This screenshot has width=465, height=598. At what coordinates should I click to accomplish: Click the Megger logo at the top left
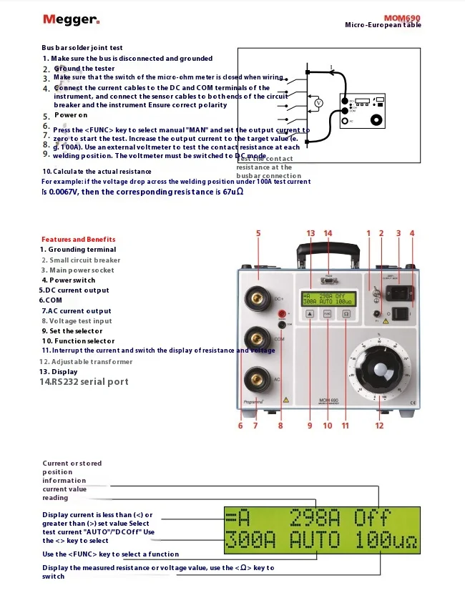(71, 20)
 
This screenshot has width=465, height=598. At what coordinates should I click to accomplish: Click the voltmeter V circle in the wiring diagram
(320, 103)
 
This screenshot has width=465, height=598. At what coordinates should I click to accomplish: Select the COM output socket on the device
(256, 336)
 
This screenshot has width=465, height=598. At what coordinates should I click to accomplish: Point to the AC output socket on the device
(256, 379)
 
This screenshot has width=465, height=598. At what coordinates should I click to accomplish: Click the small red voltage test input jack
(281, 313)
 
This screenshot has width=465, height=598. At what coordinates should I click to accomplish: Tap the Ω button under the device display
(346, 313)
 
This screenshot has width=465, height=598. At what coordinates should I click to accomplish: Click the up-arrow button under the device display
(310, 313)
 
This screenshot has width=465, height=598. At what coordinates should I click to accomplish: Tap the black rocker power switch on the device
(403, 312)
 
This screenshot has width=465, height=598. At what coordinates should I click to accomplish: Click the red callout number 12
(379, 426)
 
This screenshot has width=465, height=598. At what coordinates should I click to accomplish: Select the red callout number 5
(258, 233)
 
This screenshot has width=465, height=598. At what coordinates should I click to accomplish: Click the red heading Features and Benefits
(78, 240)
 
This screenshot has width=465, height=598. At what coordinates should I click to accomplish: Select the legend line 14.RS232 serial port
(84, 382)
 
